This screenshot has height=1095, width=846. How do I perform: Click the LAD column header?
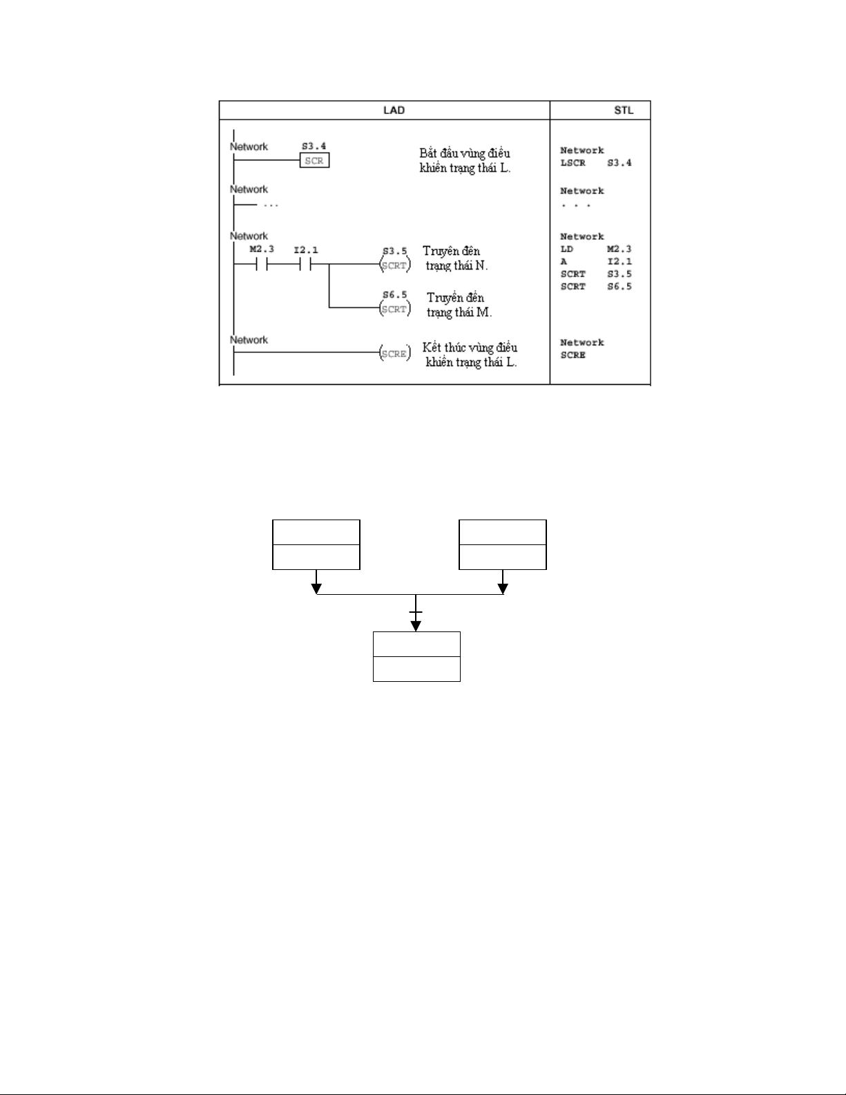tap(394, 110)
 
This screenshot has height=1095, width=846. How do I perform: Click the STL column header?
tap(623, 110)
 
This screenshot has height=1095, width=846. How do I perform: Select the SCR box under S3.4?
tap(314, 160)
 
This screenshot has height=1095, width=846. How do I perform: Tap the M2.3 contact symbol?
tap(261, 265)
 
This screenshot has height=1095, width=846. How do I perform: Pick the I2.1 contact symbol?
tap(305, 265)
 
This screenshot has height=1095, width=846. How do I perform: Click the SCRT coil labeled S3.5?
tap(394, 265)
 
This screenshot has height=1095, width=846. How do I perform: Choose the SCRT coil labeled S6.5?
tap(394, 309)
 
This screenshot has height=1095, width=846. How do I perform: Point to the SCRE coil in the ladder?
tap(394, 354)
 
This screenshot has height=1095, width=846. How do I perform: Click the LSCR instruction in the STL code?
tap(573, 163)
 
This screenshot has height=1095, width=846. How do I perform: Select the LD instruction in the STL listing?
tap(567, 249)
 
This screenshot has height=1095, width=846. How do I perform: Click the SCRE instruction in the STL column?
tap(573, 355)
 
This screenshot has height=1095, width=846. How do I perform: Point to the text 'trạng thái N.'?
tap(456, 266)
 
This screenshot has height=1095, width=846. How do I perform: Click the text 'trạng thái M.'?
tap(459, 312)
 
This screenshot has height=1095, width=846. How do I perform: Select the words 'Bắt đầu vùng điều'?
tap(464, 153)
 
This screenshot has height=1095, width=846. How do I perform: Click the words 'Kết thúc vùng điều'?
tap(470, 347)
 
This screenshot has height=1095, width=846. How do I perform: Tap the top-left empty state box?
tap(316, 544)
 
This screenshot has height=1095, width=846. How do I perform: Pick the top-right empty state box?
tap(503, 544)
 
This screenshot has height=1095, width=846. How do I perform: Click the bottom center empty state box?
tap(416, 656)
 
